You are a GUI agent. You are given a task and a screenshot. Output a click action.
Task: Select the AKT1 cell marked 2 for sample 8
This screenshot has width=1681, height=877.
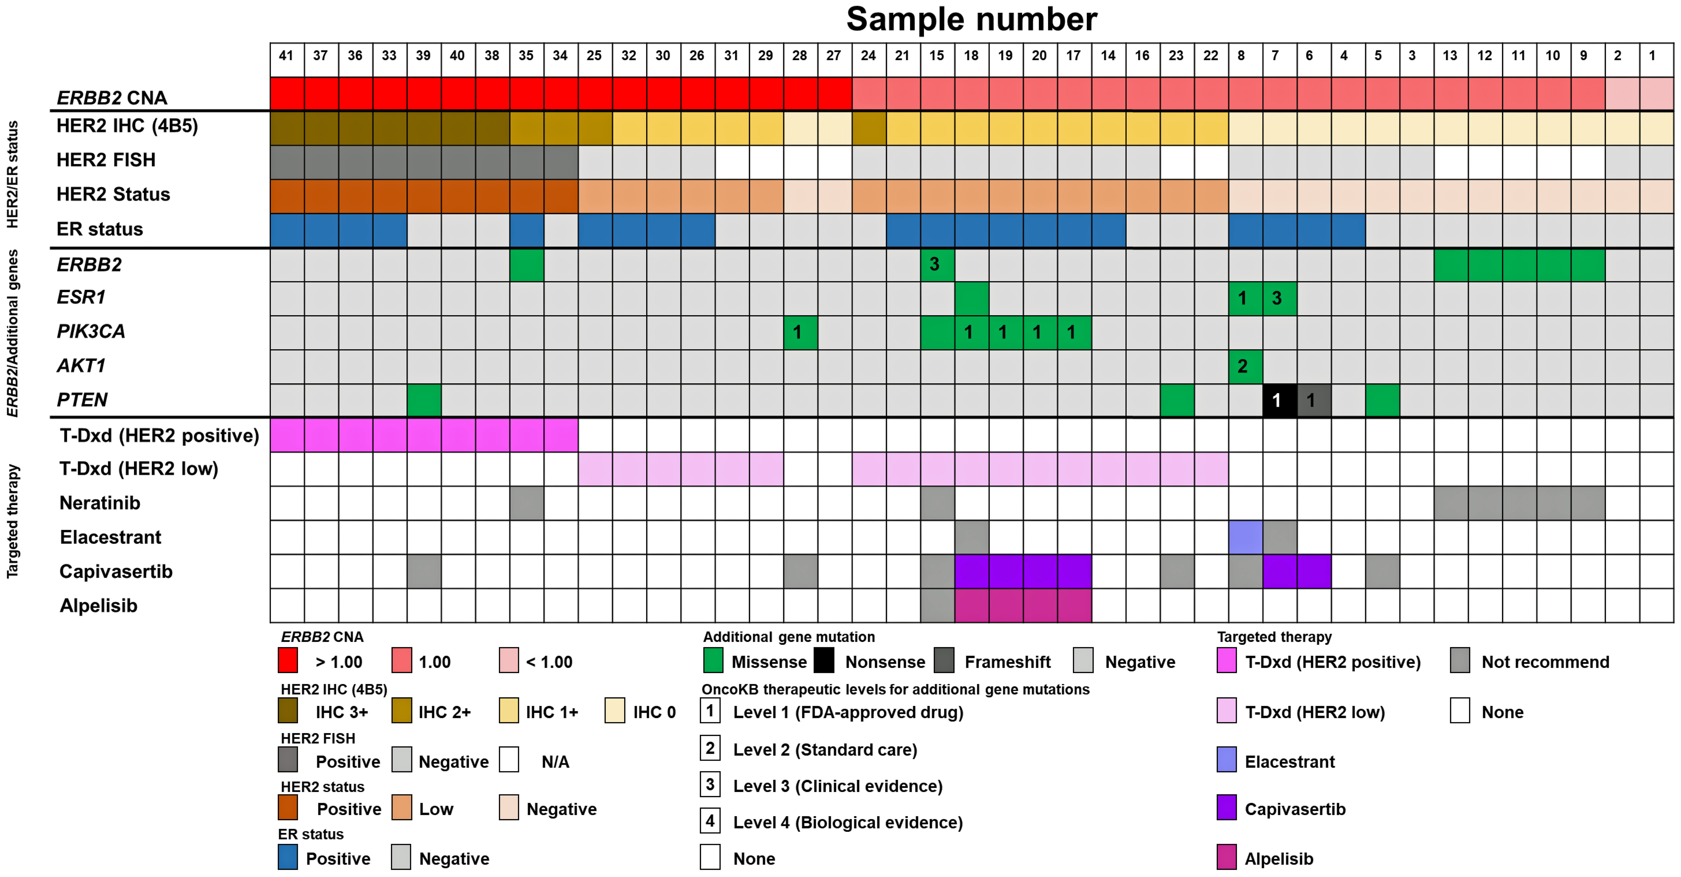pos(1245,366)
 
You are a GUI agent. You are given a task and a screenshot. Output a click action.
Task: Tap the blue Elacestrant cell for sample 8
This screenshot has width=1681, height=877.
pos(1245,537)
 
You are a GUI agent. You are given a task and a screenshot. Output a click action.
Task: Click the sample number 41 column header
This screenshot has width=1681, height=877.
pos(287,55)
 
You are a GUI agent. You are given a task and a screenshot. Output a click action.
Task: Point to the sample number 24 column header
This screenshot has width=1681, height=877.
pos(869,55)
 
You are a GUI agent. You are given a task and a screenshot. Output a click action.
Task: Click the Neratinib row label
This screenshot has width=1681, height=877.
pos(100,503)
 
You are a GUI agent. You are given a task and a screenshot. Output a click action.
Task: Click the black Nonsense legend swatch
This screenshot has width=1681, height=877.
pos(824,660)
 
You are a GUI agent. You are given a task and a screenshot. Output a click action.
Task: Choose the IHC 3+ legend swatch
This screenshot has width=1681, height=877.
pos(288,711)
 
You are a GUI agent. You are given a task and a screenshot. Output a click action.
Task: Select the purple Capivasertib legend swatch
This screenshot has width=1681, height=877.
pos(1227,808)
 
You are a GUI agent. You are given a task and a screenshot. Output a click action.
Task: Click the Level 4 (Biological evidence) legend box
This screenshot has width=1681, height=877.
pos(710,821)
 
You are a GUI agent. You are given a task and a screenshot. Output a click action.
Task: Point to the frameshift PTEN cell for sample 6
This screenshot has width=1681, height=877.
pos(1314,400)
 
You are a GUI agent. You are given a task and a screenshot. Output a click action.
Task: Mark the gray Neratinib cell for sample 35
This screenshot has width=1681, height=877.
pos(527,503)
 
